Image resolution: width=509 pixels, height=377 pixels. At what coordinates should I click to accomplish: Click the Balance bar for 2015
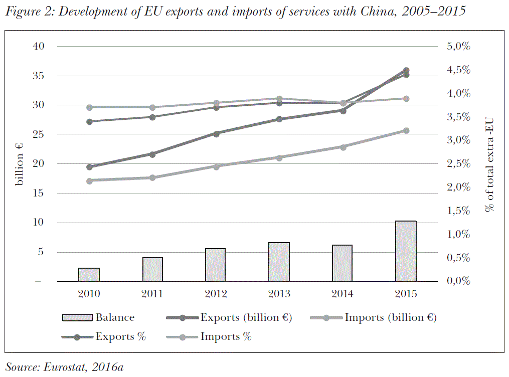(406, 251)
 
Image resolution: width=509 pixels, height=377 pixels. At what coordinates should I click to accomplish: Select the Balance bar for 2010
(89, 275)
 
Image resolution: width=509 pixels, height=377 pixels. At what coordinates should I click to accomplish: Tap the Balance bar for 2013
(279, 262)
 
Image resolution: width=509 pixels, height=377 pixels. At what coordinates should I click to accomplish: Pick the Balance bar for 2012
(216, 265)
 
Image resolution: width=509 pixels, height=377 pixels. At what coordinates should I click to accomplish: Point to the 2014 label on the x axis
(343, 294)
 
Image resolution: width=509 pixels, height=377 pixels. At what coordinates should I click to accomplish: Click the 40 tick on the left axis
(39, 46)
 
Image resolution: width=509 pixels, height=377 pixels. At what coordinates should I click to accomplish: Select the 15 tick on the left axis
(39, 194)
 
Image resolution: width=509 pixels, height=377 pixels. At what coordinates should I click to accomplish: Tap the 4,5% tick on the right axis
(458, 70)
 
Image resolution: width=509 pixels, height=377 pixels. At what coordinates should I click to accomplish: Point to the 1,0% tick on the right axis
(458, 234)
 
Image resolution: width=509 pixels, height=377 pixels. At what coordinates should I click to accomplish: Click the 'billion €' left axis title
(20, 163)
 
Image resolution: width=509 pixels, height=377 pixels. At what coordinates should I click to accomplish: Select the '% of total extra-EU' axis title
(490, 164)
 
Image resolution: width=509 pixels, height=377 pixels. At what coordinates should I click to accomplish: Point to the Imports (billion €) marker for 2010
(89, 181)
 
